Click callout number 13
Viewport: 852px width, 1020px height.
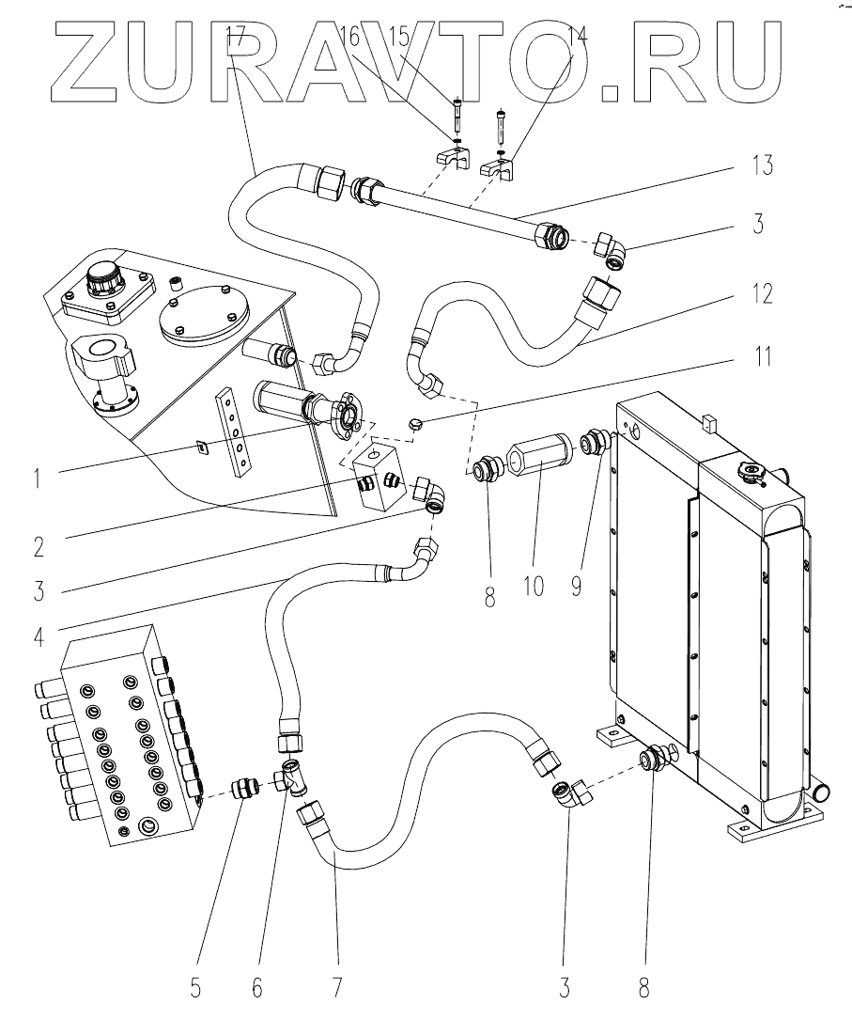[763, 165]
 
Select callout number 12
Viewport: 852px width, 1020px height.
[763, 293]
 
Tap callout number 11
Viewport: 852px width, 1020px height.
[763, 356]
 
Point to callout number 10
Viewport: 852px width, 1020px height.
[533, 586]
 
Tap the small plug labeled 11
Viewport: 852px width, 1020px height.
[416, 424]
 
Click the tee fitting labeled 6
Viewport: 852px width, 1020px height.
[292, 777]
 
